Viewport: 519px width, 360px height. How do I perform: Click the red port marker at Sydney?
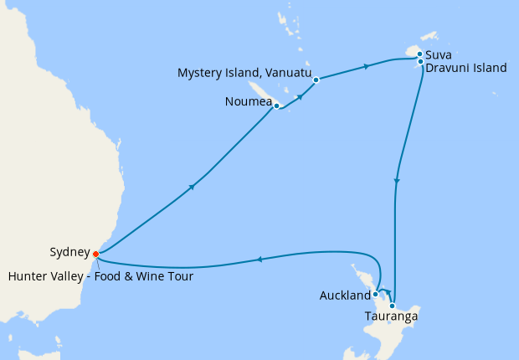tap(95, 253)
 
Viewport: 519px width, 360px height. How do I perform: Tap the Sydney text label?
tap(69, 250)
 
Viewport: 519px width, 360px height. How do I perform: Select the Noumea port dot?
tap(276, 106)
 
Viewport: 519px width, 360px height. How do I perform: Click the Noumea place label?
tap(248, 103)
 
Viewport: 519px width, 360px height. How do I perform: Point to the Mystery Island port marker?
tap(316, 80)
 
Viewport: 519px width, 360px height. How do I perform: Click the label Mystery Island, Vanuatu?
tap(244, 74)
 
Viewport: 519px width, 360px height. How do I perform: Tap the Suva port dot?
tap(419, 54)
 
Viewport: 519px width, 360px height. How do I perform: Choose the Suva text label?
tap(439, 55)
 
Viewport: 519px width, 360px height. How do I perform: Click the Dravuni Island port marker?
tap(419, 61)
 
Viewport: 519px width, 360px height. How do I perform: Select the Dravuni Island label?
tap(465, 68)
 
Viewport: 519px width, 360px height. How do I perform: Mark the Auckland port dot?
tap(376, 294)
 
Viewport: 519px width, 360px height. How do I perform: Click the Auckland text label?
tap(345, 296)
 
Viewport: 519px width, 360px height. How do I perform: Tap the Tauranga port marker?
tap(392, 306)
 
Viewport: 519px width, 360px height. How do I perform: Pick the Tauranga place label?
tap(391, 316)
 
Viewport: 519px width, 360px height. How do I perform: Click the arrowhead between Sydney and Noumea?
tap(193, 187)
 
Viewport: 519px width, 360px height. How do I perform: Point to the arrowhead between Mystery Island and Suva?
tap(366, 66)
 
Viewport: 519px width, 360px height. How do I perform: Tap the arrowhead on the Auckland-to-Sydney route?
tap(259, 259)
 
